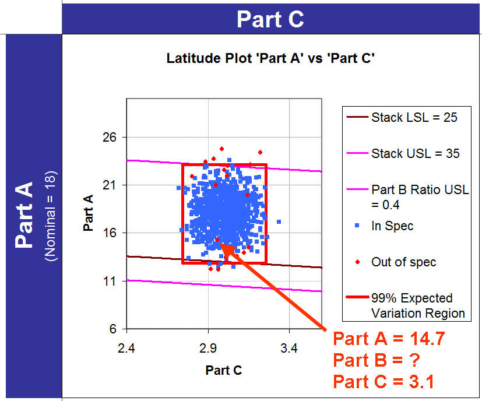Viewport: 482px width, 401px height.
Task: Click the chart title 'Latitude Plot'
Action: pos(270,58)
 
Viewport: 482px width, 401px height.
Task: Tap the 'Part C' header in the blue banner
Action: pos(270,19)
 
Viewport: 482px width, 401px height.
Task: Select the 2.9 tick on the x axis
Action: pos(208,349)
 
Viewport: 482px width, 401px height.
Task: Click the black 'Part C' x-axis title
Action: pos(224,370)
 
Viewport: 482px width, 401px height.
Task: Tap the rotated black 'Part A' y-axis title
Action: pos(89,213)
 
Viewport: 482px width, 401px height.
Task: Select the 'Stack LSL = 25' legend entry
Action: pos(414,118)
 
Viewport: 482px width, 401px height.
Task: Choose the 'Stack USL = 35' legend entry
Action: pos(415,154)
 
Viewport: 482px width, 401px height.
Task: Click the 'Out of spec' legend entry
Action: pos(403,262)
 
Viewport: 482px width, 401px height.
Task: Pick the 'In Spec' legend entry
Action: pos(392,226)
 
